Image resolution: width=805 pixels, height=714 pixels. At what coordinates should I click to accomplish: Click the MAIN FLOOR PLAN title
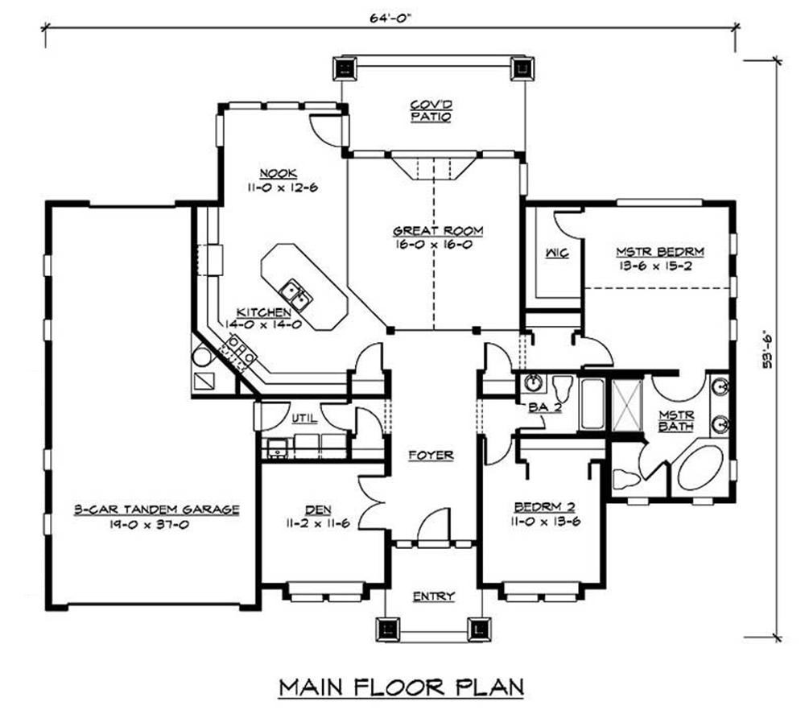click(402, 687)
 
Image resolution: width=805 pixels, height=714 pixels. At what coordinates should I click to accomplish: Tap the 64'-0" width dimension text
click(390, 19)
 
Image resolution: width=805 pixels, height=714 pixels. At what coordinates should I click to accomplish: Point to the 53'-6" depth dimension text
click(767, 349)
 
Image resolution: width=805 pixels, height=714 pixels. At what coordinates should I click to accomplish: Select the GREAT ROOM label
click(438, 231)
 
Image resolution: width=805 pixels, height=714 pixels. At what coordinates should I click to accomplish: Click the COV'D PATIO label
click(431, 111)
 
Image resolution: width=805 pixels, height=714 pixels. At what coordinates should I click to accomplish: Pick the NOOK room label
click(278, 174)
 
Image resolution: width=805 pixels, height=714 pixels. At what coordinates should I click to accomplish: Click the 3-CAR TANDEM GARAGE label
click(157, 510)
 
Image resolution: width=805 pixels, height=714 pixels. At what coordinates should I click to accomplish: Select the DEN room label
click(318, 510)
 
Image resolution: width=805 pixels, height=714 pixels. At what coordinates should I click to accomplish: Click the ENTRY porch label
click(434, 596)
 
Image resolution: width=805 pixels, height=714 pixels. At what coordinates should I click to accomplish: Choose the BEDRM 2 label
click(545, 507)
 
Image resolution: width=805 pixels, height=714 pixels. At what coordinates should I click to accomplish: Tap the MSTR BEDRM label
click(660, 252)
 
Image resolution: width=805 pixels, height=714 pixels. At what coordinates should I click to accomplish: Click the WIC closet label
click(557, 253)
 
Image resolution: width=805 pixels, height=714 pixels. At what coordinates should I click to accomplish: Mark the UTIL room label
click(304, 419)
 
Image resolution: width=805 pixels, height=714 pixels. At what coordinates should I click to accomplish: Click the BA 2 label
click(545, 407)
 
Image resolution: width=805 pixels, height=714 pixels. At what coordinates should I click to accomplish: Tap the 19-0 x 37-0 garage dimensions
click(149, 525)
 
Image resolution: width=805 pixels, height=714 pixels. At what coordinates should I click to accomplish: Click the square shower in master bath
click(627, 405)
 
